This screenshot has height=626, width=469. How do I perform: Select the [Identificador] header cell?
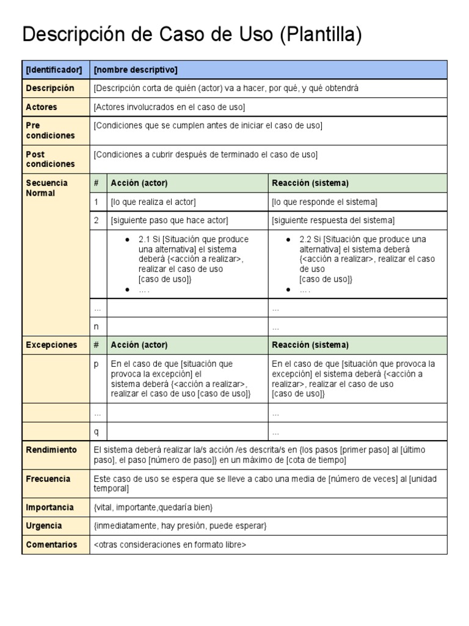54,70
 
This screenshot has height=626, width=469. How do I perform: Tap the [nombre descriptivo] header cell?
136,70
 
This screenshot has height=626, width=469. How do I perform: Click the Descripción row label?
50,88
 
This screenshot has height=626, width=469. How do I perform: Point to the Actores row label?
42,107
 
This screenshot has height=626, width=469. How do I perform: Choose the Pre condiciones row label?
50,130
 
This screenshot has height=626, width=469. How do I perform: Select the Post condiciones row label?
50,159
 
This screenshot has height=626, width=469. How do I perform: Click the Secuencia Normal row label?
47,188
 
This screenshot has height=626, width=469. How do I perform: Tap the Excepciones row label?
51,345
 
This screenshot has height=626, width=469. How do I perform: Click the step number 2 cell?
96,220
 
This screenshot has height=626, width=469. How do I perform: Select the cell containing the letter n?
96,326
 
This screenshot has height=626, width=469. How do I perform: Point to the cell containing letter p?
96,364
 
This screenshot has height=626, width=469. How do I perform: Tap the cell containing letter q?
96,432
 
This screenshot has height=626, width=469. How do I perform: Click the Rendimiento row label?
51,450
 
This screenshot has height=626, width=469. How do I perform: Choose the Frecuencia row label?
48,479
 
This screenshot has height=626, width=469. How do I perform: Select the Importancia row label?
50,507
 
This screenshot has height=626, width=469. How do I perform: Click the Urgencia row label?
44,526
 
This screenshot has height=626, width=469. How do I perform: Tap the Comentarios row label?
51,544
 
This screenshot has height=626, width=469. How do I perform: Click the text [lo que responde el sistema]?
324,202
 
